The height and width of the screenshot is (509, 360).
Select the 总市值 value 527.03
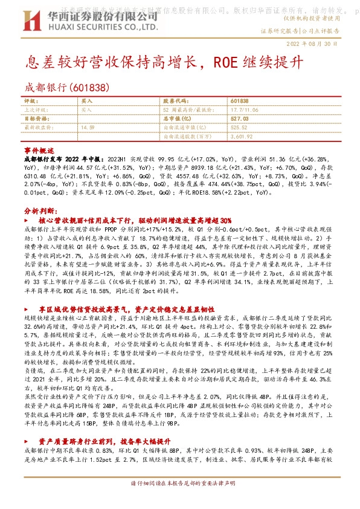tap(240, 119)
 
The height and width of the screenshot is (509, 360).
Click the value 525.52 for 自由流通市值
tap(239, 128)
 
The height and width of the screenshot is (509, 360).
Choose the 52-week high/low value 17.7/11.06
tap(244, 110)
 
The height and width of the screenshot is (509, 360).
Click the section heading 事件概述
tap(39, 149)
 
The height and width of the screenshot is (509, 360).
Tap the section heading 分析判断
tap(40, 211)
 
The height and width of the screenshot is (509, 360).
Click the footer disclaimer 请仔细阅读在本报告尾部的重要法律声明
tap(179, 501)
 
